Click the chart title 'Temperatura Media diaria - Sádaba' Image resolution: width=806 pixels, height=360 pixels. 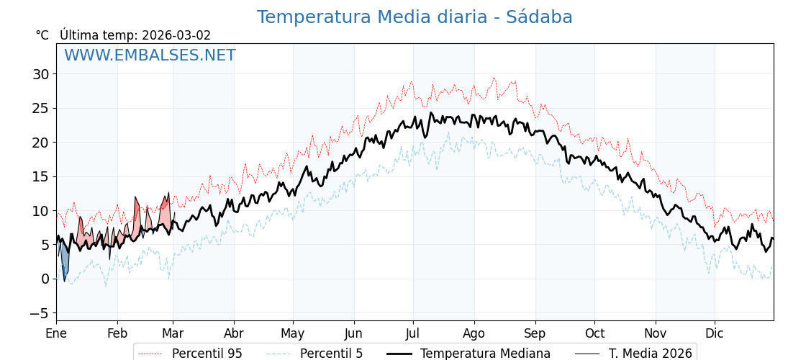click(x=415, y=17)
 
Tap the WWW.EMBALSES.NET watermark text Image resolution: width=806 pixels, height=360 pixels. click(x=150, y=55)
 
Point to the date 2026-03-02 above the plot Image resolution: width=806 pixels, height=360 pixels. click(x=176, y=35)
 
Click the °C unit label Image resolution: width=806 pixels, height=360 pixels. click(x=42, y=35)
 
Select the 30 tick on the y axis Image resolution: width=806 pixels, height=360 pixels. click(x=41, y=74)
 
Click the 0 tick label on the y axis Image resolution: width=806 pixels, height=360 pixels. click(x=45, y=279)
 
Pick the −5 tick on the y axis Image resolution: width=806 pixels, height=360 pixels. click(x=40, y=313)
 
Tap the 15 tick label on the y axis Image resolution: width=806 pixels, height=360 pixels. click(x=41, y=176)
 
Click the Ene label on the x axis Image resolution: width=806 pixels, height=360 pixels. click(x=56, y=333)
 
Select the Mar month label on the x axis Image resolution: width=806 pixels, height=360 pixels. click(x=173, y=333)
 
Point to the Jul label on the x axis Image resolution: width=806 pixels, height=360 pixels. click(x=413, y=333)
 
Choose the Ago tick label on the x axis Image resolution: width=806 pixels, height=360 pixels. click(x=474, y=333)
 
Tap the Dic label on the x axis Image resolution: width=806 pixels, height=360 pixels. click(x=715, y=333)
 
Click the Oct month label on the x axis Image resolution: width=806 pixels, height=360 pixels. click(x=594, y=333)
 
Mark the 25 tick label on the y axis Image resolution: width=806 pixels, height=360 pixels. click(x=41, y=108)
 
